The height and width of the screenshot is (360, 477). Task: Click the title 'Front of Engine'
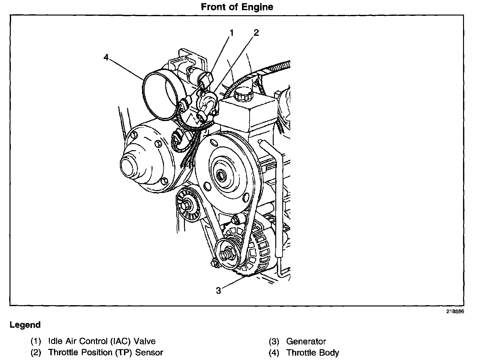click(237, 7)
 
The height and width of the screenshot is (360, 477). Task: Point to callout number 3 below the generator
click(219, 290)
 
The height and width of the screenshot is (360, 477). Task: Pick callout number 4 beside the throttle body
click(106, 57)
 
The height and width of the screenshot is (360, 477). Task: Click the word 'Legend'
click(25, 325)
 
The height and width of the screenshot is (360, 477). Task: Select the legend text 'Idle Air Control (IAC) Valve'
click(102, 341)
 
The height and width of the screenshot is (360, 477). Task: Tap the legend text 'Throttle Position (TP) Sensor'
click(106, 352)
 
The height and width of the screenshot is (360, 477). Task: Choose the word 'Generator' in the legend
click(306, 341)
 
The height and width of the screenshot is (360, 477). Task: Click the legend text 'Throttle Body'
click(313, 352)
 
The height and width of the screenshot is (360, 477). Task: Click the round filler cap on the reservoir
click(243, 94)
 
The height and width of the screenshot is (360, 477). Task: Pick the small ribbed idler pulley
click(187, 206)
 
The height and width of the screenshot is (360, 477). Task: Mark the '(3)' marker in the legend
click(274, 341)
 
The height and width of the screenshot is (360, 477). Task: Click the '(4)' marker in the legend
click(274, 352)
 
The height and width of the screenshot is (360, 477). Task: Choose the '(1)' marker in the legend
click(36, 341)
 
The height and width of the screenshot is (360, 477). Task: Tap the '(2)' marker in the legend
click(36, 352)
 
